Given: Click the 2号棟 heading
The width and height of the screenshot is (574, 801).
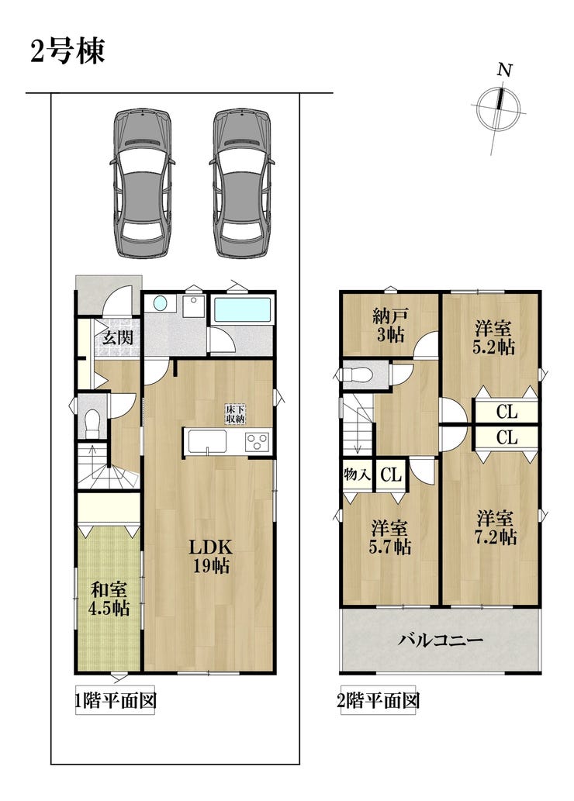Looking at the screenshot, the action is [68, 51].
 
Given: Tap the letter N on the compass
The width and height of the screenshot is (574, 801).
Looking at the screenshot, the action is [505, 70].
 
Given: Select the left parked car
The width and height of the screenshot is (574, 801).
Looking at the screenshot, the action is [142, 183].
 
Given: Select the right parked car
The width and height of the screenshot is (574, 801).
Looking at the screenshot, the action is [241, 183].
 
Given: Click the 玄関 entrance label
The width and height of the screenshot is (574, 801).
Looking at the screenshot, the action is [118, 337].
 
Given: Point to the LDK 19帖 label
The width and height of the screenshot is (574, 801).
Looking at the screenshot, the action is [211, 556].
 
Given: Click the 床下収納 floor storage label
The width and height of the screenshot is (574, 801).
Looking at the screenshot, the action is [236, 414].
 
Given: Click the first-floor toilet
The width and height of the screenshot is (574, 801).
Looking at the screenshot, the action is [92, 423].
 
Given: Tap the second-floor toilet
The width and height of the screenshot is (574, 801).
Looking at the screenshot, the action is [358, 375].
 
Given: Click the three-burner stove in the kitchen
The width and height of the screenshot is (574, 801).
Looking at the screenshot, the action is [257, 441].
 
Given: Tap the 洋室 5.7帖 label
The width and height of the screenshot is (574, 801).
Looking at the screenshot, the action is [390, 537].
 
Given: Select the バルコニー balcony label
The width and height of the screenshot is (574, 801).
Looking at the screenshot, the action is [441, 640].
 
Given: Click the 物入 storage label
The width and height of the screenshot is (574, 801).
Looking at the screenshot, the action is [358, 475].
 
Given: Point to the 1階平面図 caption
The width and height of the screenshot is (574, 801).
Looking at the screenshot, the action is [115, 700].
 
